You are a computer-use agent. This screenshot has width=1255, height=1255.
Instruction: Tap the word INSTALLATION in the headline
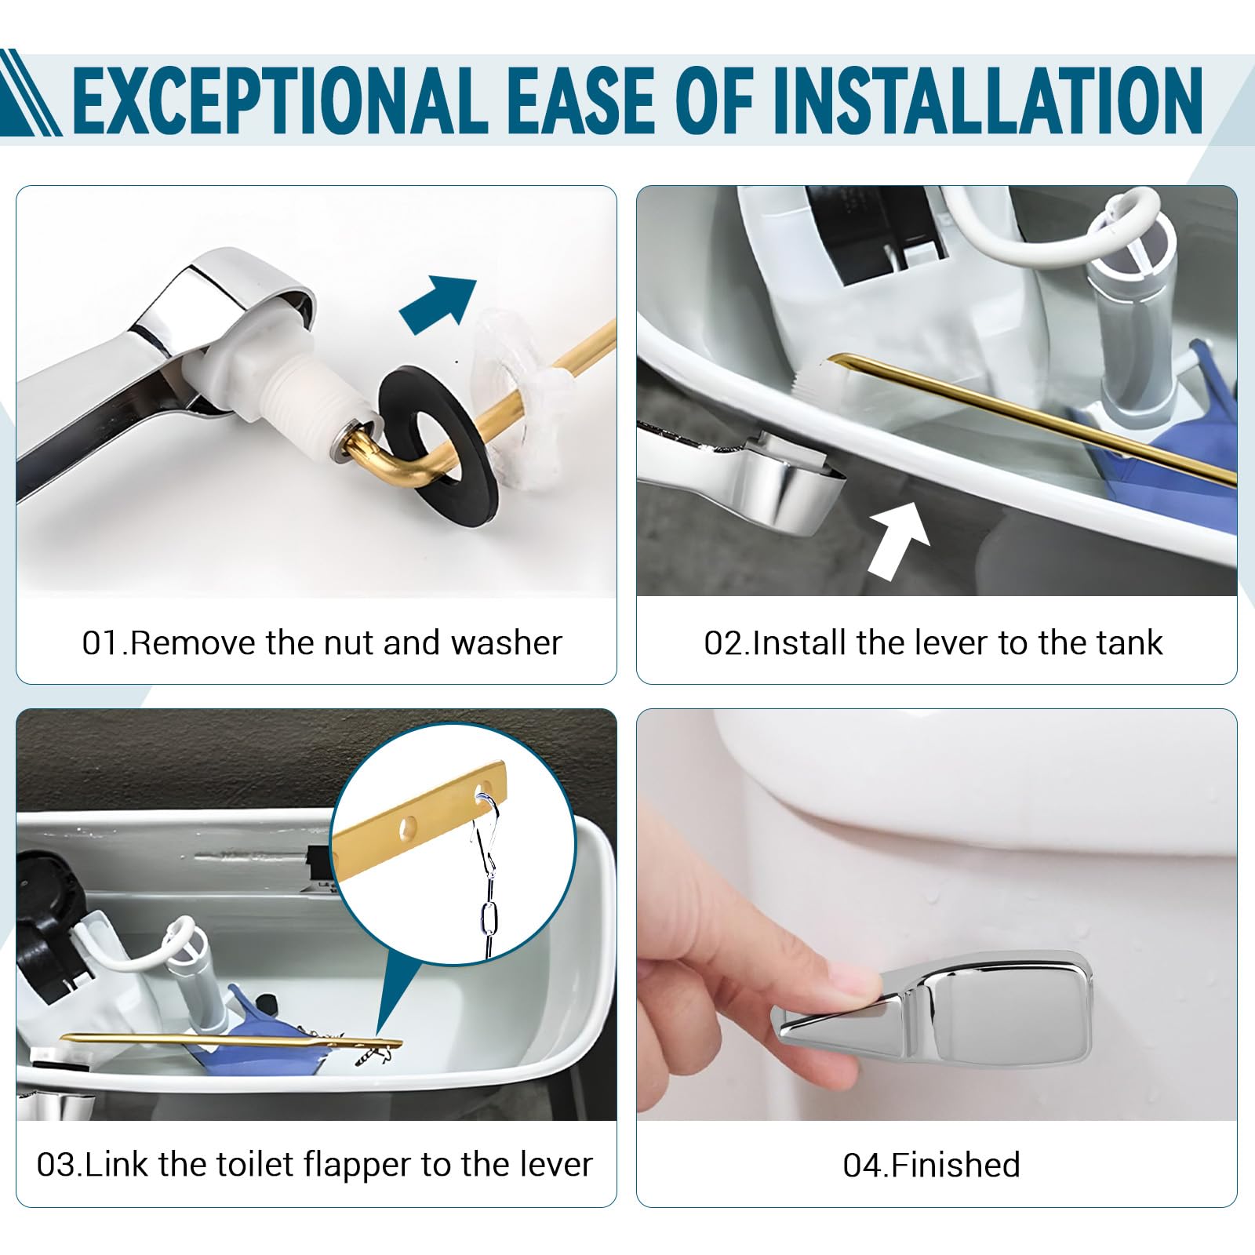coord(988,101)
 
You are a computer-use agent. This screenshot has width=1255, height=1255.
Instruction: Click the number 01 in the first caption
coord(101,643)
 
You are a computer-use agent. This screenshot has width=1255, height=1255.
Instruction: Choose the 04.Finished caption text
coord(932,1166)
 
